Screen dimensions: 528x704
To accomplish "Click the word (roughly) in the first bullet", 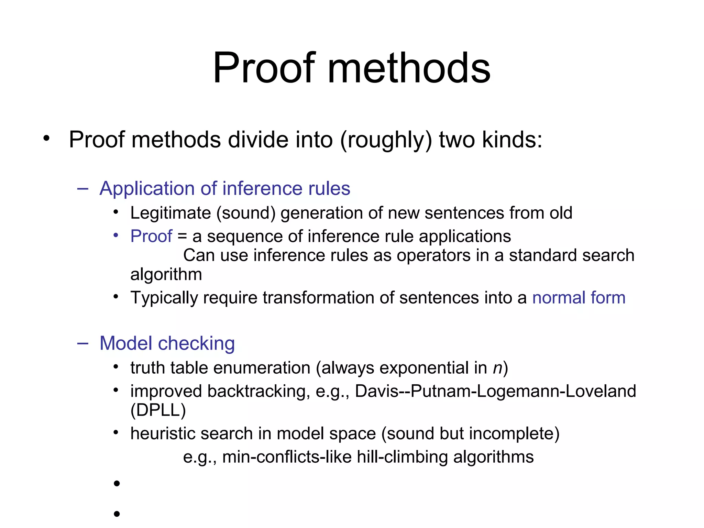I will coord(386,140).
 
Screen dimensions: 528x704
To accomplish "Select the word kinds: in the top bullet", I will coord(512,140).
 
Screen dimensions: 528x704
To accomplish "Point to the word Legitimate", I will coord(170,213).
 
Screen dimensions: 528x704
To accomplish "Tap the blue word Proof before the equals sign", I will coord(151,236).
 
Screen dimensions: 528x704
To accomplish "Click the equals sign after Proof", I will coord(182,236).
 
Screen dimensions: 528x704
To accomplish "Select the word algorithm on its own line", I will coord(166,274).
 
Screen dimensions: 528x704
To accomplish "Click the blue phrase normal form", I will coord(579,298).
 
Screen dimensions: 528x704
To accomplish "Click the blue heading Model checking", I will coord(167,343).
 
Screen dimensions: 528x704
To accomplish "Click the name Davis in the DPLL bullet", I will coord(376,391).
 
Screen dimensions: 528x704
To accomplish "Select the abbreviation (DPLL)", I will coord(158,410).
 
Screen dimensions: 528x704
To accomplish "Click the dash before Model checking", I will coord(83,343).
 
